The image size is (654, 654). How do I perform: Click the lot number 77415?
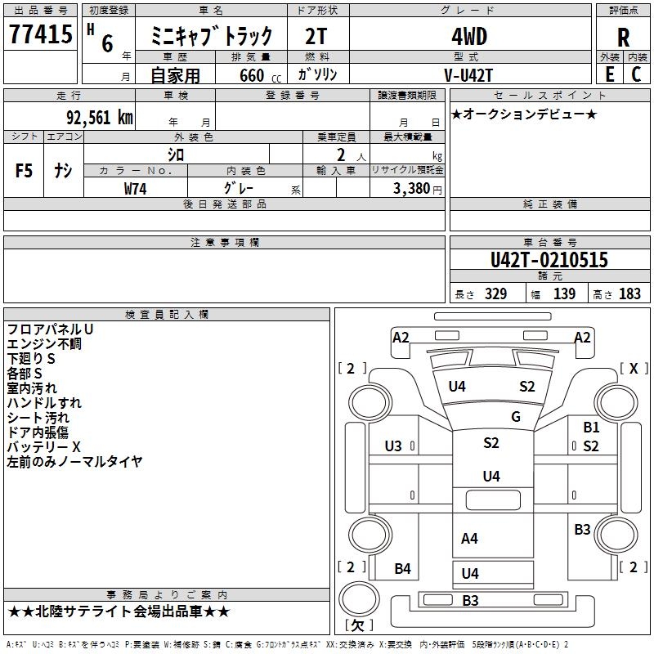click(40, 34)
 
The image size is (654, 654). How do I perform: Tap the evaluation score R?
click(623, 37)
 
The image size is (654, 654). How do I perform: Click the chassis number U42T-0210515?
click(549, 261)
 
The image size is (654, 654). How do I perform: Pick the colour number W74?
click(136, 188)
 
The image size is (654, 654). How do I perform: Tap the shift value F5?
click(25, 171)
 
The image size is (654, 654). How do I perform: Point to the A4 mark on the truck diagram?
click(469, 538)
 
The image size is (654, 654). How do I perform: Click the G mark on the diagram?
click(515, 417)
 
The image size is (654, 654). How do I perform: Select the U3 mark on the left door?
click(393, 446)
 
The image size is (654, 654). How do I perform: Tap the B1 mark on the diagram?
click(591, 427)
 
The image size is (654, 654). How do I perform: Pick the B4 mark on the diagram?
click(402, 569)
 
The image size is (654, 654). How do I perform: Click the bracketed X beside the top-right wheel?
click(633, 369)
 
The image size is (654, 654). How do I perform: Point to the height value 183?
click(629, 294)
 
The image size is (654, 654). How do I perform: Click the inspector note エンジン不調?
click(44, 344)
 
